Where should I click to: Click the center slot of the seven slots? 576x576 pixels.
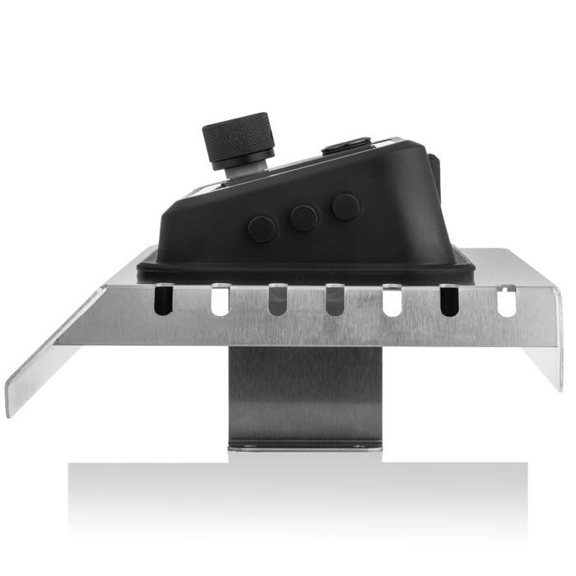coord(334,300)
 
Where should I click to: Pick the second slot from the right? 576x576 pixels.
coord(449,300)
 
